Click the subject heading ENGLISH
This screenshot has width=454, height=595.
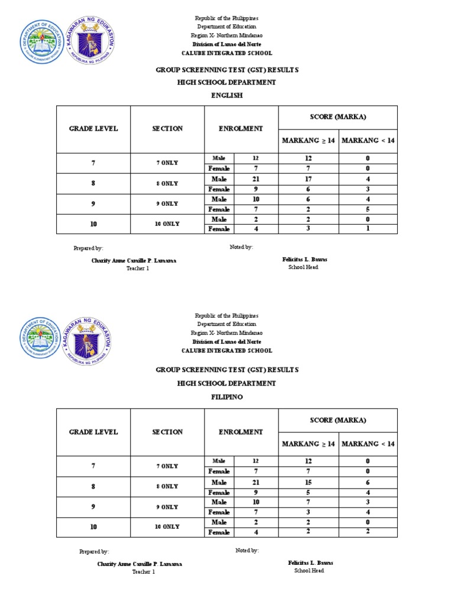click(x=227, y=95)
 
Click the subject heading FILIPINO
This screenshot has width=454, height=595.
click(x=227, y=397)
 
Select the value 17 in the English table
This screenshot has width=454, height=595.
click(x=309, y=179)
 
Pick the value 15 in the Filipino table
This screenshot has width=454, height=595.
click(x=309, y=481)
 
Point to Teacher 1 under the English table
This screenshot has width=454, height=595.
click(x=138, y=268)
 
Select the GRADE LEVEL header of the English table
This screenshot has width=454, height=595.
click(x=93, y=129)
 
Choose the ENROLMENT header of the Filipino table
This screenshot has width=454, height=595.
click(x=241, y=432)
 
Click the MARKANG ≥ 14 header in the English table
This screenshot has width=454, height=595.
click(x=309, y=141)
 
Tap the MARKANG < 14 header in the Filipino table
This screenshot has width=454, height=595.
click(x=368, y=444)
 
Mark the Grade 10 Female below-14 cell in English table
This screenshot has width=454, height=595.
click(x=368, y=229)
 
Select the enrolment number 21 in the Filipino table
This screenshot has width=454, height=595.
click(x=256, y=481)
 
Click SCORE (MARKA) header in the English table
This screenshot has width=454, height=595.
click(x=338, y=117)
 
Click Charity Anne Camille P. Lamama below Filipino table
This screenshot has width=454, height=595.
click(x=140, y=564)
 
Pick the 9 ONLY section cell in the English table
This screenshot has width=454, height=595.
click(x=167, y=203)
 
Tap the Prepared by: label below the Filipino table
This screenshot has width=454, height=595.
click(x=94, y=551)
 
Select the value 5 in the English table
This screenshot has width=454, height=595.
click(x=368, y=209)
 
